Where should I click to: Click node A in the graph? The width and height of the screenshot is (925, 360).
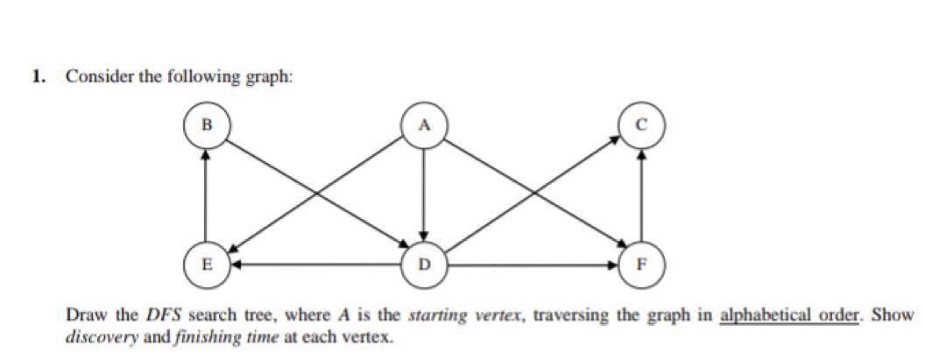coord(424,124)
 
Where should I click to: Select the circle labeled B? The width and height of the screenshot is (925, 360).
coord(206,124)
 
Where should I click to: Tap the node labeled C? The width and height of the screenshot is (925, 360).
coord(643,124)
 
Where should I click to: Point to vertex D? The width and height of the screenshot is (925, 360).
coord(424,262)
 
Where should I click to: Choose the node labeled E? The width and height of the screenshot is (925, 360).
coord(206,262)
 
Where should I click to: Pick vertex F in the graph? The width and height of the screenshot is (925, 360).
coord(643,262)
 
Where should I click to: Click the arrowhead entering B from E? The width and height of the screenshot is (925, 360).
coord(206,152)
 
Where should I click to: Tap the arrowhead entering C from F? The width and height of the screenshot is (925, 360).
coord(643,152)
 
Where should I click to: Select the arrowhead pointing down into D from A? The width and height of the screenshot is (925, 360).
coord(424,234)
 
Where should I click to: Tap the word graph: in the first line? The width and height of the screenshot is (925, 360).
coord(268,77)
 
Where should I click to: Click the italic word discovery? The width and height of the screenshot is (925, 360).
coord(96,335)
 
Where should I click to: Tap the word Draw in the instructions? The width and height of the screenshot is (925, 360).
coord(83,314)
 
